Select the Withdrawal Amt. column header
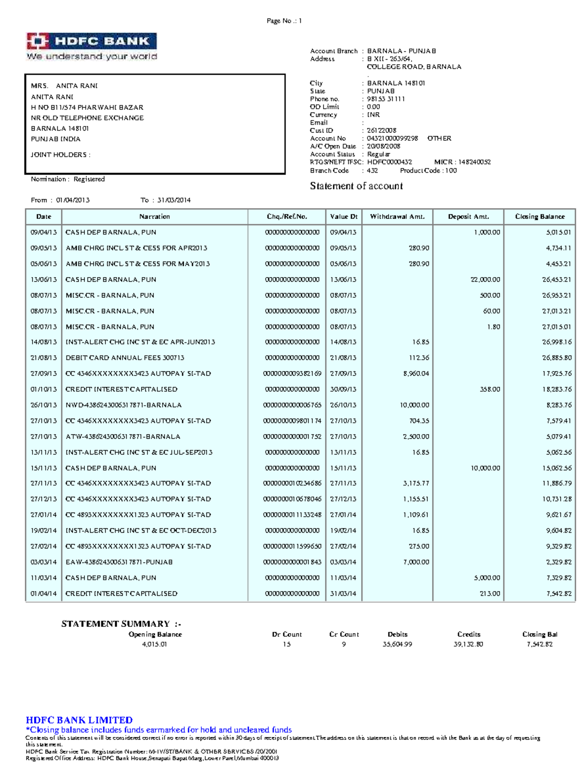tap(397, 217)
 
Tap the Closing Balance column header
tap(540, 217)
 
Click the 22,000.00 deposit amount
tap(485, 280)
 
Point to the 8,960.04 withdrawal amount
tap(416, 374)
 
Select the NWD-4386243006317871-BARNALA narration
tap(124, 405)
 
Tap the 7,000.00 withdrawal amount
tap(416, 562)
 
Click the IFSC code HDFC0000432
tap(389, 162)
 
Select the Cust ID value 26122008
tap(382, 131)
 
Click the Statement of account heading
tap(356, 186)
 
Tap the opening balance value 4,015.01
tap(155, 645)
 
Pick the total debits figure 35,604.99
tap(397, 645)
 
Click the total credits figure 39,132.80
tap(469, 645)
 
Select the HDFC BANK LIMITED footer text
tap(79, 720)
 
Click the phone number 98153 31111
tap(386, 99)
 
